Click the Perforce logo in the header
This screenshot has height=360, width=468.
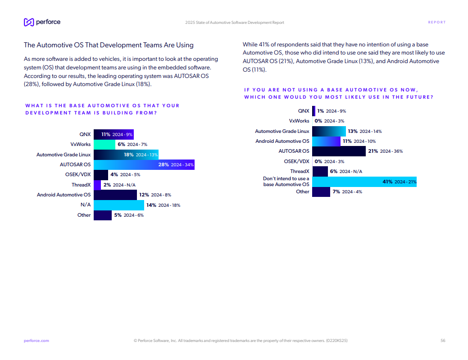tap(42, 22)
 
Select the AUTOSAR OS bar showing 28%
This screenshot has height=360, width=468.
tap(144, 164)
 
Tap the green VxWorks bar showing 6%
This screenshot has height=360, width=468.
tap(104, 145)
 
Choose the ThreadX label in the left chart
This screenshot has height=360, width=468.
tap(81, 185)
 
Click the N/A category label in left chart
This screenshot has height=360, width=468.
tap(86, 205)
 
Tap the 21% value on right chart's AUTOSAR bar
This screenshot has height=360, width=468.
tap(373, 151)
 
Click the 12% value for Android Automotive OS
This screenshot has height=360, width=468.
tap(144, 195)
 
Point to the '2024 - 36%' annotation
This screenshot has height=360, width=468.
tap(391, 151)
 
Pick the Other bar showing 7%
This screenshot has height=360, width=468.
tap(321, 192)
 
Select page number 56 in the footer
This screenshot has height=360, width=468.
tap(443, 341)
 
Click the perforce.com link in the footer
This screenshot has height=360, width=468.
tap(36, 341)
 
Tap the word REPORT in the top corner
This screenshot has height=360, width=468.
tap(436, 23)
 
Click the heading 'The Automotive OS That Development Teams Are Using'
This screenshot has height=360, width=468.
tap(109, 45)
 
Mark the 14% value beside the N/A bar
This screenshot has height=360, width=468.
tap(151, 205)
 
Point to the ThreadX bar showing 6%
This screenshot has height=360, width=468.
tap(320, 171)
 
